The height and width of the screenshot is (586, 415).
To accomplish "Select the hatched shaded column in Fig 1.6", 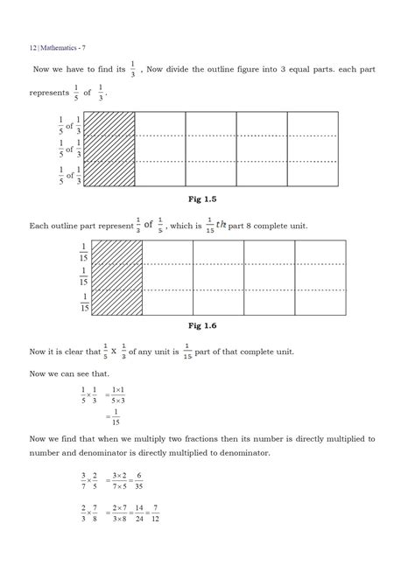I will click(116, 277).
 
